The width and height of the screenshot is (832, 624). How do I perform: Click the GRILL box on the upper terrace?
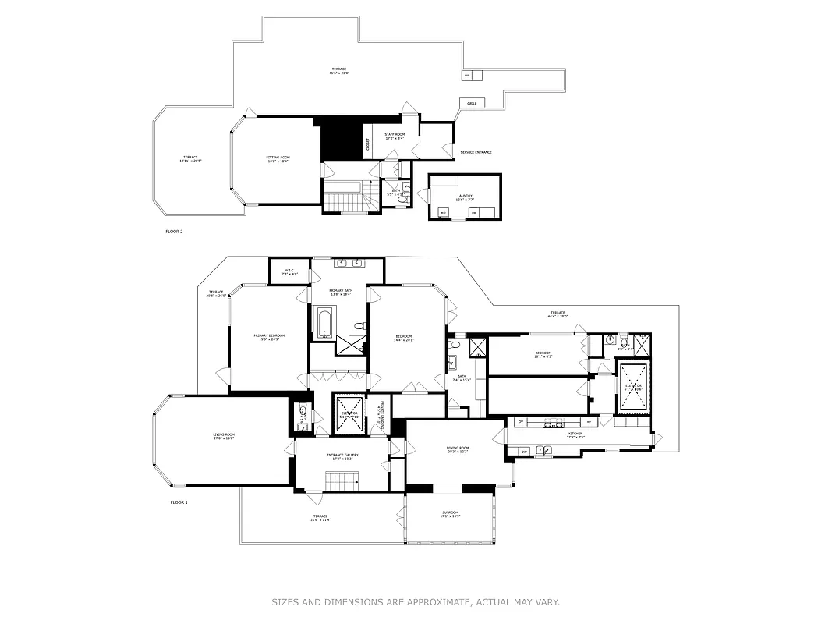pos(472,103)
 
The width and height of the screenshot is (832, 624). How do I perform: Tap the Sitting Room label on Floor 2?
pos(278,159)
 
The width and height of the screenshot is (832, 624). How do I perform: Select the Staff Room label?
pos(395,136)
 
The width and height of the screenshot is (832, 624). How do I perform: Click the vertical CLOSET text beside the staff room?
pos(368,145)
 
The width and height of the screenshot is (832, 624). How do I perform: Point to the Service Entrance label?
pos(476,152)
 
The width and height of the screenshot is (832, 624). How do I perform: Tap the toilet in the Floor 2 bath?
pos(402,200)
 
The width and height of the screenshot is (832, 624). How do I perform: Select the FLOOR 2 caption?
pos(174,232)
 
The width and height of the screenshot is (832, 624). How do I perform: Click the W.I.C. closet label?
pos(289,272)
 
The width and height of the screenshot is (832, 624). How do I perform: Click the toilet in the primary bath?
pos(359,325)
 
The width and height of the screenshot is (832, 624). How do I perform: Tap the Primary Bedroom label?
pos(269,337)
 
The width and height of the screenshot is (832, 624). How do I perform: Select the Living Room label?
pos(224,436)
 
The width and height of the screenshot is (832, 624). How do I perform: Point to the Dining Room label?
pos(458,449)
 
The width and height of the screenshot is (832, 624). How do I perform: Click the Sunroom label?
pos(450,514)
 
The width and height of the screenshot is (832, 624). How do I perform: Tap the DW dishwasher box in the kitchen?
pos(525,451)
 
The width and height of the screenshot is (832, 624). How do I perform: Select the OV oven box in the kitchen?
pos(521,422)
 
